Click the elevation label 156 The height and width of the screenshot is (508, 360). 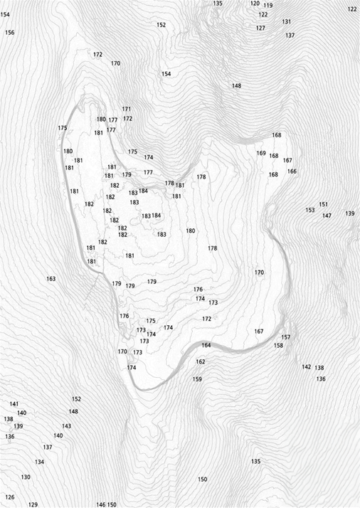(9, 33)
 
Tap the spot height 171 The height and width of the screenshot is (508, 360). (127, 109)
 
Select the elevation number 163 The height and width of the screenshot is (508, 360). (51, 278)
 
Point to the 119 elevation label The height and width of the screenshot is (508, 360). (268, 6)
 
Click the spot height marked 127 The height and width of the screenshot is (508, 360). (260, 28)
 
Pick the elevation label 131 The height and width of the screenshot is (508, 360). (286, 22)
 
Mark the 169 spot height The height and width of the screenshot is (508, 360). (261, 153)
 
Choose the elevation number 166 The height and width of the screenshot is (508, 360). (292, 171)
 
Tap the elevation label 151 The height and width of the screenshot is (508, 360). (324, 204)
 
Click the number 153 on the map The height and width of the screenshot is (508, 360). (309, 210)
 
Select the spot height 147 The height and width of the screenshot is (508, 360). (327, 216)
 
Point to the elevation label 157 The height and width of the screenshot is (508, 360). (286, 337)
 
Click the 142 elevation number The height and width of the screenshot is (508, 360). (306, 367)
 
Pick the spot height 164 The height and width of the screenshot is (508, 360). (206, 345)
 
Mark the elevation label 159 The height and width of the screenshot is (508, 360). (197, 379)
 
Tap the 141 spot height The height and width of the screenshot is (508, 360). (14, 404)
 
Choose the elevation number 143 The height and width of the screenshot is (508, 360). (66, 426)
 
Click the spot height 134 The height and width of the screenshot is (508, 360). (39, 462)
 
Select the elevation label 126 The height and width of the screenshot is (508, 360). (9, 497)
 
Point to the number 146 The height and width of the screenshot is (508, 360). (100, 504)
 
